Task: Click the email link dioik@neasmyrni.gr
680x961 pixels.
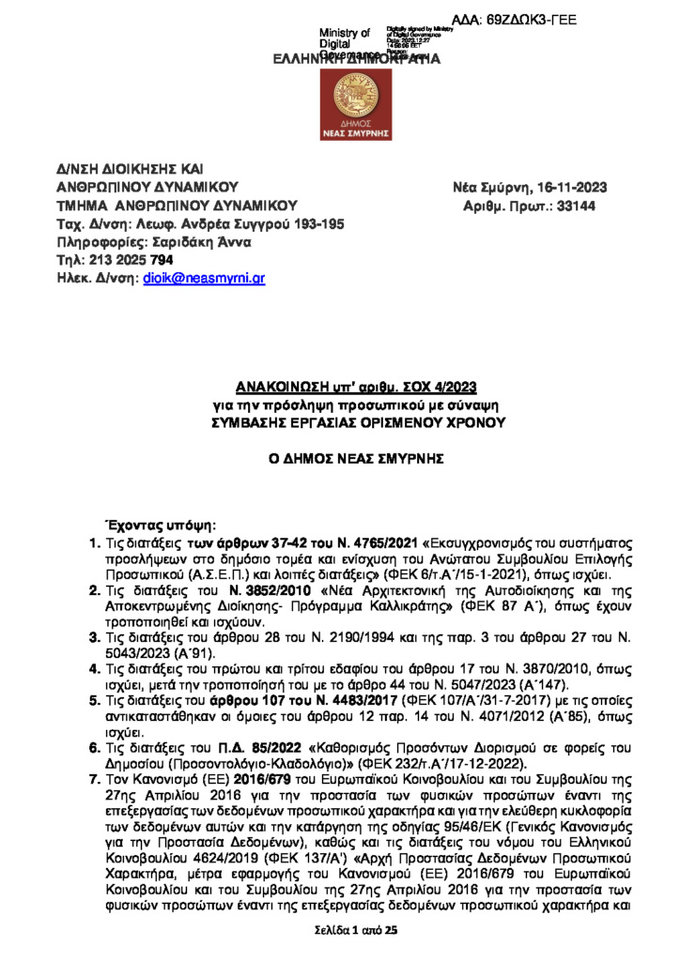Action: click(204, 279)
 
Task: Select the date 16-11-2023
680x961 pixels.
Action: click(558, 188)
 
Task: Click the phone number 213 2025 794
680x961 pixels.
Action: click(131, 260)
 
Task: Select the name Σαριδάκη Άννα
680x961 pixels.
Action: click(201, 242)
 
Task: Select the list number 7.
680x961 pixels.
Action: click(93, 778)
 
